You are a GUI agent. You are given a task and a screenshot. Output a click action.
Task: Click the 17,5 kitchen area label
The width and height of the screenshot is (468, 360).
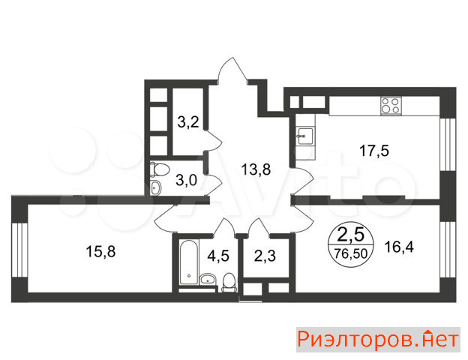pyautogui.click(x=374, y=151)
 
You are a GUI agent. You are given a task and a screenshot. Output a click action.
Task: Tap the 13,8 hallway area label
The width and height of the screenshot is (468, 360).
pyautogui.click(x=256, y=169)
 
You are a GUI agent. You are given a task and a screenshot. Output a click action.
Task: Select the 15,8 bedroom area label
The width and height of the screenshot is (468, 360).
pyautogui.click(x=100, y=251)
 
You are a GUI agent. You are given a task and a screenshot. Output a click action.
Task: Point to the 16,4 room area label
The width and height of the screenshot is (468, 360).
pyautogui.click(x=399, y=247)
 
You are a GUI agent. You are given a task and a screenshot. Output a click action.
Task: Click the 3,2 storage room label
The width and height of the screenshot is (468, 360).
pyautogui.click(x=188, y=122)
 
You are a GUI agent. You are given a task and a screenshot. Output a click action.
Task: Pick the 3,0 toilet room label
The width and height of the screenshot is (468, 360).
pyautogui.click(x=186, y=180)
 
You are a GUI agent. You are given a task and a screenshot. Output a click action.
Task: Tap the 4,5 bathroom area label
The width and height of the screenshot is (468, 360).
pyautogui.click(x=218, y=256)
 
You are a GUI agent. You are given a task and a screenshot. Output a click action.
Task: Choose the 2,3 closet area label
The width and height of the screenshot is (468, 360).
pyautogui.click(x=265, y=256)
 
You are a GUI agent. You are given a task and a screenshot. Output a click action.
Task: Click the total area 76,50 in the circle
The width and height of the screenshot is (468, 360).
pyautogui.click(x=351, y=253)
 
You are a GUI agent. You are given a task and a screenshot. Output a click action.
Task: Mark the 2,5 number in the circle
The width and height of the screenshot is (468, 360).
pyautogui.click(x=351, y=235)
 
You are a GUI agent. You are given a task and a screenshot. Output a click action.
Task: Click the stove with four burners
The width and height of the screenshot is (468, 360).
pyautogui.click(x=391, y=106)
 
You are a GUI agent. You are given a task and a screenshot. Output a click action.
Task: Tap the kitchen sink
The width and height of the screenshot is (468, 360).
pyautogui.click(x=305, y=136)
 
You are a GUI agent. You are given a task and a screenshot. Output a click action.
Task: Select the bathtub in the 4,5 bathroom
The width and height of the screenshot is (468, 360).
pyautogui.click(x=189, y=262)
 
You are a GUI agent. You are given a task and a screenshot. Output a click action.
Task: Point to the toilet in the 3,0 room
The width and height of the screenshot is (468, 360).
pyautogui.click(x=160, y=169)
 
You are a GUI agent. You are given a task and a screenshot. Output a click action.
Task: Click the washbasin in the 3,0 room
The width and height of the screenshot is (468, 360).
pyautogui.click(x=155, y=187)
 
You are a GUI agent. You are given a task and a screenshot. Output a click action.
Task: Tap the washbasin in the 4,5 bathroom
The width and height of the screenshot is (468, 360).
pyautogui.click(x=208, y=279)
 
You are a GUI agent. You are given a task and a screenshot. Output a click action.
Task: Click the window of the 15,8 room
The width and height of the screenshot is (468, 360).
pyautogui.click(x=19, y=250)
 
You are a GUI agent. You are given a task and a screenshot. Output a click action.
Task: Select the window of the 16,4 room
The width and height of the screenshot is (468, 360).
pyautogui.click(x=448, y=250)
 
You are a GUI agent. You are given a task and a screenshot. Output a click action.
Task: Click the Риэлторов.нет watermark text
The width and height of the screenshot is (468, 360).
pyautogui.click(x=378, y=340)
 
